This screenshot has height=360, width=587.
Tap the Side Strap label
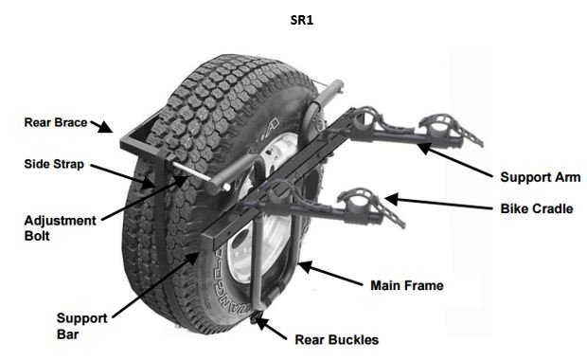point(54,164)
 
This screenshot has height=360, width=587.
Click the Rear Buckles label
point(336,339)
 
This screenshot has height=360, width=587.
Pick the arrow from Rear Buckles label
point(274,329)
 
